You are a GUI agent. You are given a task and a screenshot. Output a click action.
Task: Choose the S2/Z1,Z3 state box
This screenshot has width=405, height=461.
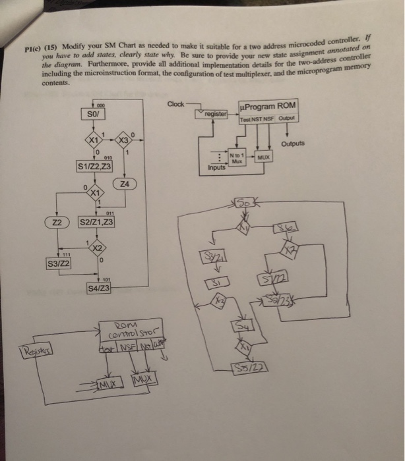(96, 223)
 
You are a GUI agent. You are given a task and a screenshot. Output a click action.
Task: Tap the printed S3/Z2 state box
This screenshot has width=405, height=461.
(59, 265)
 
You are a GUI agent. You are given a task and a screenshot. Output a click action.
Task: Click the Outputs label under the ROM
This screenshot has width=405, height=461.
(294, 143)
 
